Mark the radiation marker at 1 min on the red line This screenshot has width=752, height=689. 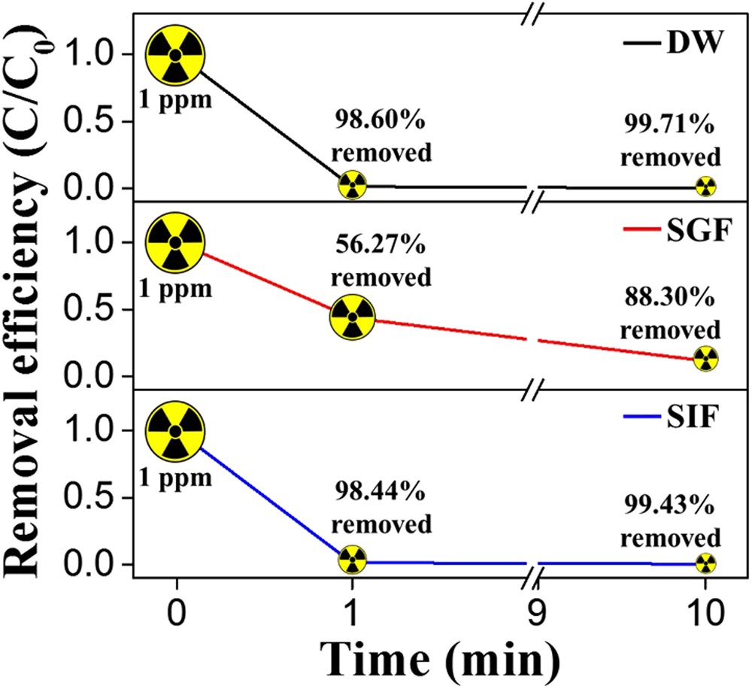[x=351, y=317]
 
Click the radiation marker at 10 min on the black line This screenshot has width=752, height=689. [x=705, y=187]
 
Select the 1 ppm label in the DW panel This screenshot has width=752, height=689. [x=175, y=99]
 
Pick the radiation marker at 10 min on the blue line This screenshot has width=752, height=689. [x=705, y=563]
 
